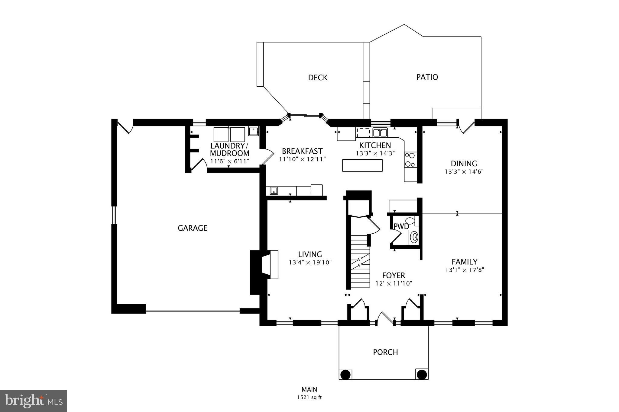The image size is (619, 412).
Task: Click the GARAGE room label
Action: [192, 228]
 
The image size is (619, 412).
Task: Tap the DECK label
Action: [318, 78]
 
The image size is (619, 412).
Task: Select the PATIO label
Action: [427, 77]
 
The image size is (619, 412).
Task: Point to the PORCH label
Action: [385, 352]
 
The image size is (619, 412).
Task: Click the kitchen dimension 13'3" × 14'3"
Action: [375, 153]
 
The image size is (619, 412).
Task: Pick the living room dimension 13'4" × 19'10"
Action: [310, 263]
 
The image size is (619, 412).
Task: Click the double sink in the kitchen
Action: [380, 133]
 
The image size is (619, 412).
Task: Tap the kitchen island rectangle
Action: [362, 165]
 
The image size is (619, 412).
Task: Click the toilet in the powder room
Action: [411, 220]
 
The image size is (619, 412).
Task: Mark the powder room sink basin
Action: [414, 237]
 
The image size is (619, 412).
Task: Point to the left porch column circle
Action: [345, 375]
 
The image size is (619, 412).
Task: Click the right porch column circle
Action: [422, 375]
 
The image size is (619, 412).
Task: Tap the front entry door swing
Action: [384, 319]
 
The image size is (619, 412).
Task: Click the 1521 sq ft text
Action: [309, 398]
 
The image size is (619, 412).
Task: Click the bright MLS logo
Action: [33, 401]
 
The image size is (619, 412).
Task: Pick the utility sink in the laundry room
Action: [253, 131]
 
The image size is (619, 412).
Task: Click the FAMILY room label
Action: [464, 262]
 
